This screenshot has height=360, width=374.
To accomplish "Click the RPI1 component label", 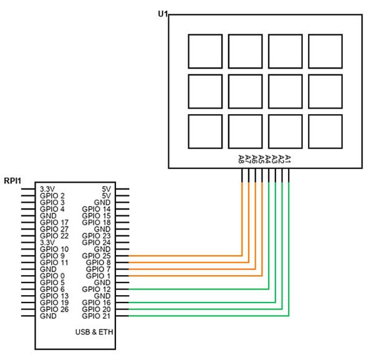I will coord(13,181).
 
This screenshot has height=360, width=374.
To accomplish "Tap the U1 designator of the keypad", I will coord(165,13).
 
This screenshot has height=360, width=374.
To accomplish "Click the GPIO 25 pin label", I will coord(96,256).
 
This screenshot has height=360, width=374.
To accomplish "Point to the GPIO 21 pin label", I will coord(96,316).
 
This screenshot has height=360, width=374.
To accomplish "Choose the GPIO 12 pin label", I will coord(96,289).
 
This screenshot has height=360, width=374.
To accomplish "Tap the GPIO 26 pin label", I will coord(54,309).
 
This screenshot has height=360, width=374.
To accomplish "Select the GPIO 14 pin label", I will coord(96,209).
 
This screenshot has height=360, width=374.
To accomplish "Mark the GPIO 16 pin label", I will coord(96,303).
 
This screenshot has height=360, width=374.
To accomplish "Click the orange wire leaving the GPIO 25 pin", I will coord(187,256).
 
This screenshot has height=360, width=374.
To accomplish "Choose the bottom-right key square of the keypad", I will coord(325,132).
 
